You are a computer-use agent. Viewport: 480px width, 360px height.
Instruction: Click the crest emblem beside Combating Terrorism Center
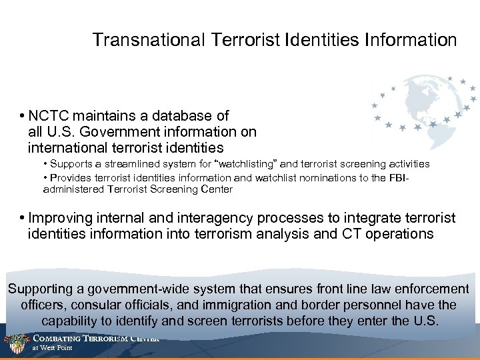17,343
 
